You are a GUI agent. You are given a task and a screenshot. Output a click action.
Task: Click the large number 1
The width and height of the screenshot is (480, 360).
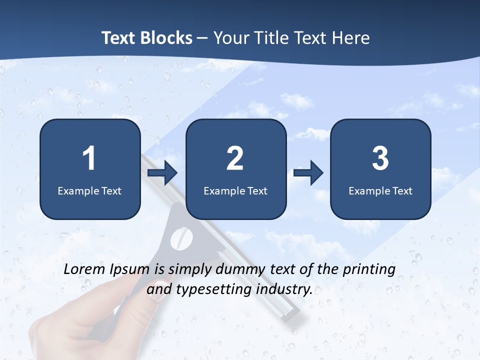point(89,158)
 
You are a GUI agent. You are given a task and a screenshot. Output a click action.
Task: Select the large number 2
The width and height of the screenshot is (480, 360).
point(235,158)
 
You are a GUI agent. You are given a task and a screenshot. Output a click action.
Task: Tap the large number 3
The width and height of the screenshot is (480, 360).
point(380,158)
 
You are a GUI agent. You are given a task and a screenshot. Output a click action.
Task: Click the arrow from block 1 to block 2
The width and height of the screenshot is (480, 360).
point(163,173)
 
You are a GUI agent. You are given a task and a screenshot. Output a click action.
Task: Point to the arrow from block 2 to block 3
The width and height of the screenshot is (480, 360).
point(308,173)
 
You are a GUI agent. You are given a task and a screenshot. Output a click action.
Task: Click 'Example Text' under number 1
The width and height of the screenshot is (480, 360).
point(89,191)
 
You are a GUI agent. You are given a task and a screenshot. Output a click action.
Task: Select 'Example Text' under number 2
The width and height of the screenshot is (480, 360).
point(235,191)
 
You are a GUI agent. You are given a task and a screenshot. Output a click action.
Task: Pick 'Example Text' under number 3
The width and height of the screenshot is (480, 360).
point(380,191)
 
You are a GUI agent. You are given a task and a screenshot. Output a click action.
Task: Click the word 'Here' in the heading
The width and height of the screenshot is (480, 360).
point(352,38)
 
